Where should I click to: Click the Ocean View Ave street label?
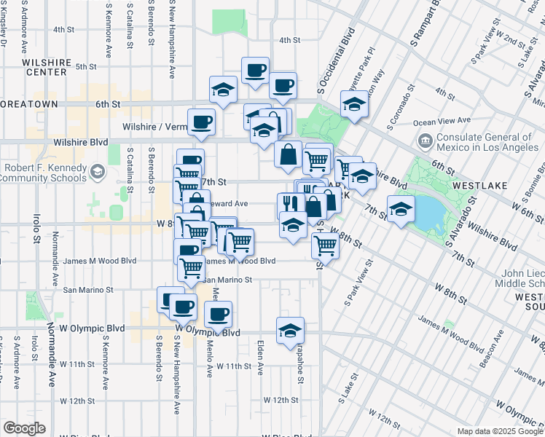[444, 122]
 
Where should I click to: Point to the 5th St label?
[86, 67]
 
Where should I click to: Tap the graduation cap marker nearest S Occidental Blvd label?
[354, 104]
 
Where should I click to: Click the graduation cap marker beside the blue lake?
[400, 210]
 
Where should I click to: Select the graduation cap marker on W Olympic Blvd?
[290, 331]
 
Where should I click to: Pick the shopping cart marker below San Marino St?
[192, 268]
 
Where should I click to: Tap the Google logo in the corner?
[24, 428]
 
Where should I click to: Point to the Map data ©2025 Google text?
[500, 431]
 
